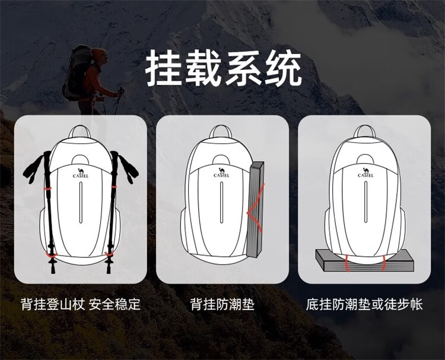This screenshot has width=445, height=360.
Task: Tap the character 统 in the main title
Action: pyautogui.click(x=284, y=68)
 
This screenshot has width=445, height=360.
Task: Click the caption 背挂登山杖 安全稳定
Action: pyautogui.click(x=81, y=304)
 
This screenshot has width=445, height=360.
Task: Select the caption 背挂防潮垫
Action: pyautogui.click(x=223, y=304)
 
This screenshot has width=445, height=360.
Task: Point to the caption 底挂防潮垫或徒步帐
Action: pyautogui.click(x=364, y=304)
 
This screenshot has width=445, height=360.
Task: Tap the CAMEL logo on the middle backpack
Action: pyautogui.click(x=222, y=173)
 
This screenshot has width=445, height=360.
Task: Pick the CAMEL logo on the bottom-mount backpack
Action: pyautogui.click(x=365, y=173)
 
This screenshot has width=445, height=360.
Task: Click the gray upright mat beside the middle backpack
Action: pyautogui.click(x=255, y=209)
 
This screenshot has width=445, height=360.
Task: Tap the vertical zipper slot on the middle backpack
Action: pyautogui.click(x=222, y=202)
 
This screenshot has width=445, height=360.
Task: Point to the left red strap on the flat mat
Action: pyautogui.click(x=347, y=263)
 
